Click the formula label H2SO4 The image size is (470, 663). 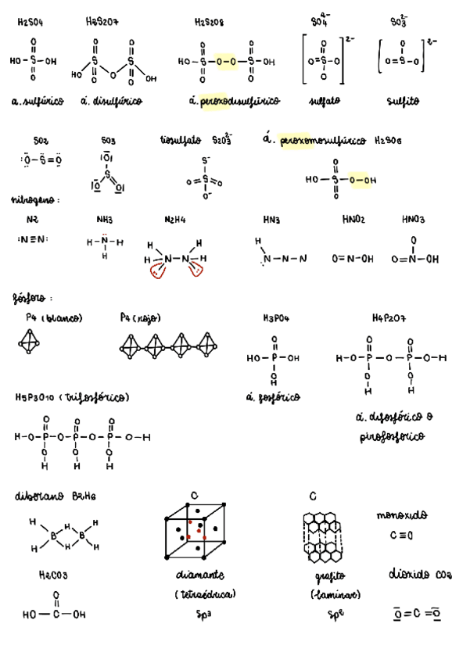click(x=30, y=23)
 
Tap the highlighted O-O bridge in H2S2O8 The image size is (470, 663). click(x=224, y=60)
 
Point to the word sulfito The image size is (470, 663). click(x=402, y=102)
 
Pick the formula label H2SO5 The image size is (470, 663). click(x=388, y=142)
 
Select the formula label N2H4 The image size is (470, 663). click(x=175, y=220)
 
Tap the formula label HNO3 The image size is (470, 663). click(x=414, y=220)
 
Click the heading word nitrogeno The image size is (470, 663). click(x=34, y=200)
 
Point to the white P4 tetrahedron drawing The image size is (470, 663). click(x=30, y=342)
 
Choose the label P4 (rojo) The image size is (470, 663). click(x=140, y=318)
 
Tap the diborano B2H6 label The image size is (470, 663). click(x=55, y=496)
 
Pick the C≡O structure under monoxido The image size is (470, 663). click(x=401, y=536)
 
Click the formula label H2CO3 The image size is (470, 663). click(x=53, y=575)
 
